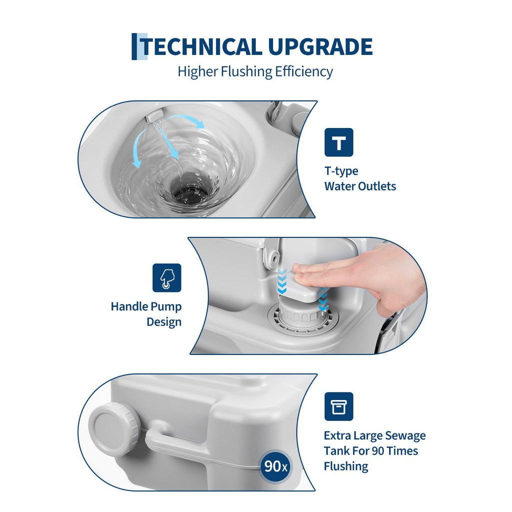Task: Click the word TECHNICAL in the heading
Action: pos(201,46)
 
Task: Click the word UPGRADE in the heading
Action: pos(320,46)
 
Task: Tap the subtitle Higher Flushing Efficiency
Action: pos(255,71)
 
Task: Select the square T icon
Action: pos(338,142)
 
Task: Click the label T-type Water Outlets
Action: pos(360,178)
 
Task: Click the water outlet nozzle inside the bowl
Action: pos(153,116)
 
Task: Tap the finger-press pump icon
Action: pos(167,278)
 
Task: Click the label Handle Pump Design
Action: pos(146,314)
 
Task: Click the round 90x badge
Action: pos(275,466)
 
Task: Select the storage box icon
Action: pos(338,406)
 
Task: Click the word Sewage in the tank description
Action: pos(405,436)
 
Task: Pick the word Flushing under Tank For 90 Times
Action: pos(346,466)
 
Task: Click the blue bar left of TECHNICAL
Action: pos(134,46)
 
